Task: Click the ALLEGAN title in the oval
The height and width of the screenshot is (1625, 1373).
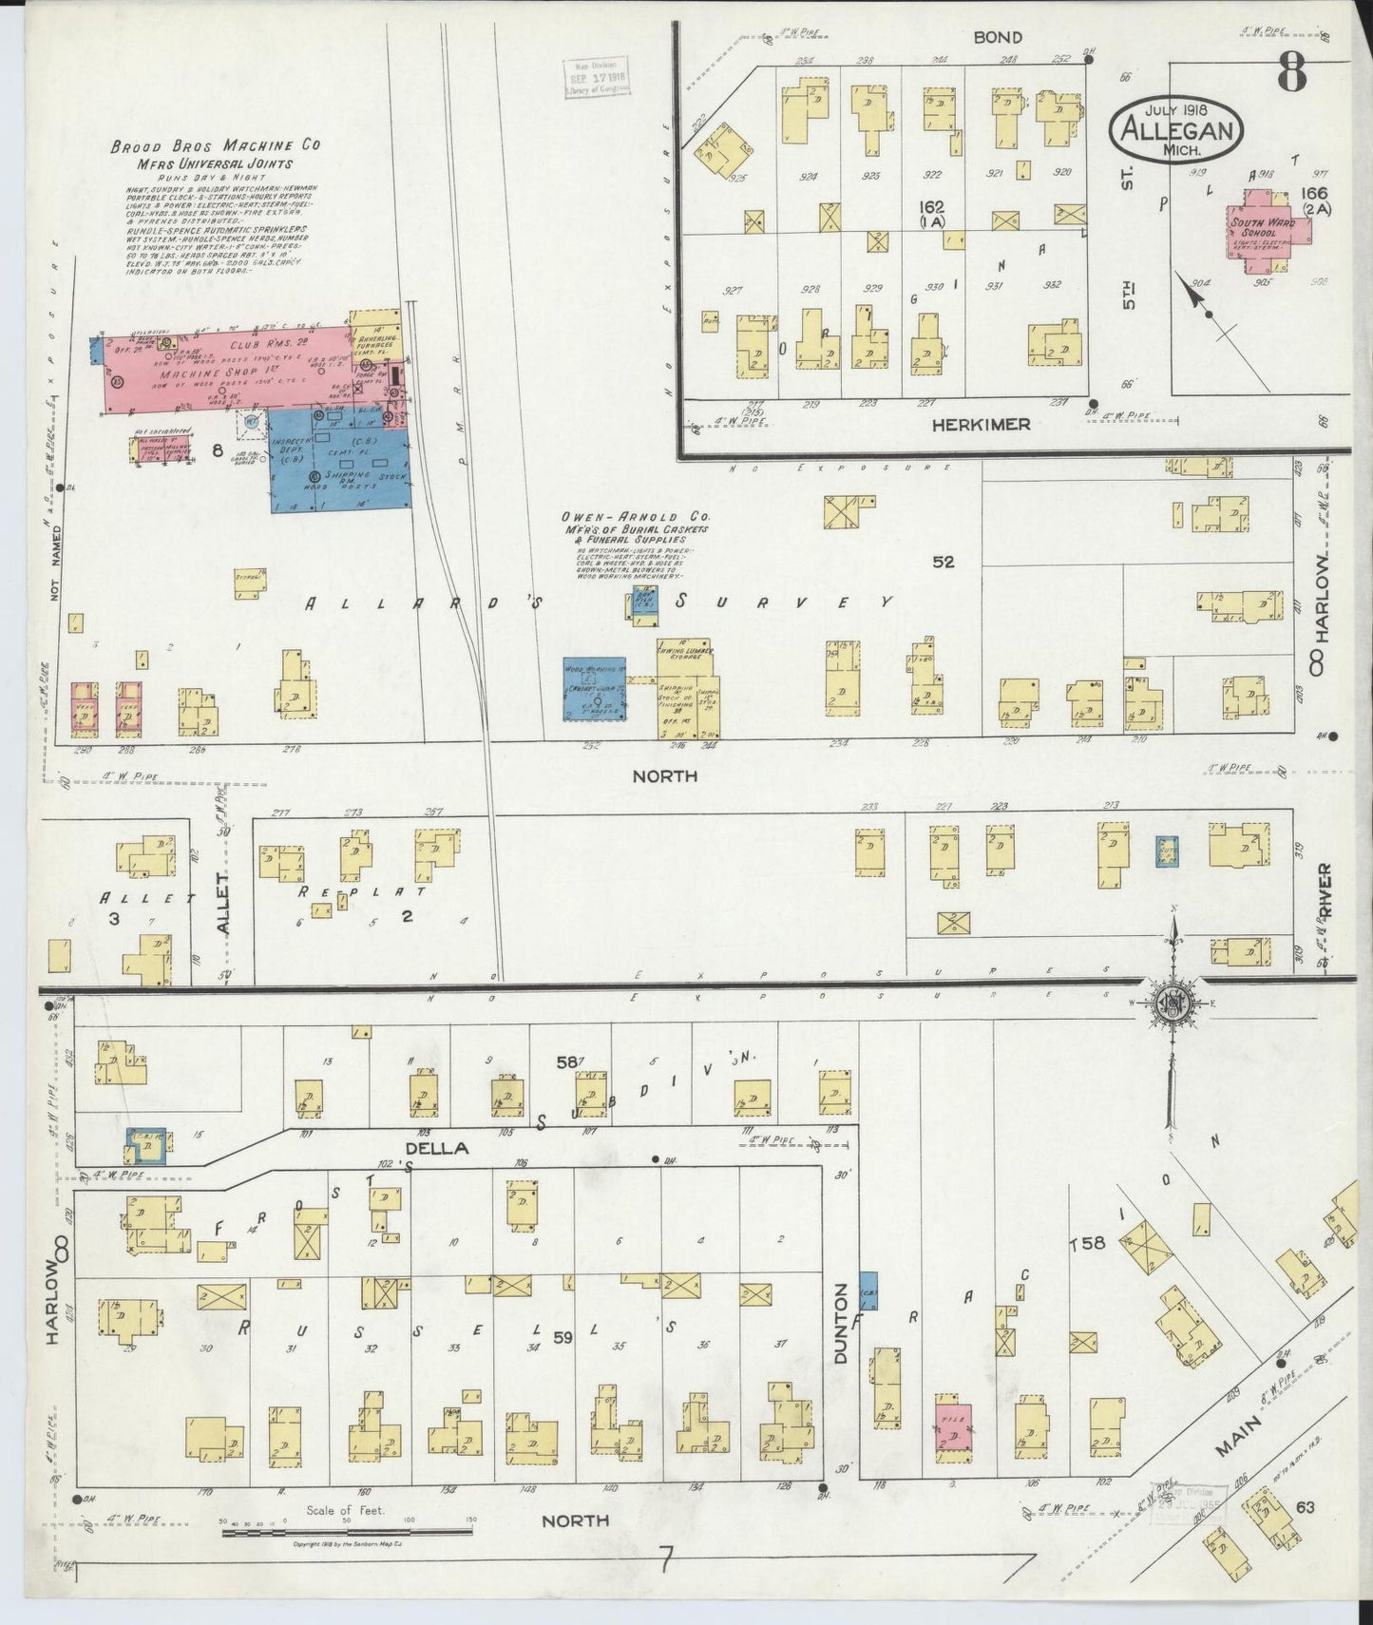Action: pyautogui.click(x=1176, y=130)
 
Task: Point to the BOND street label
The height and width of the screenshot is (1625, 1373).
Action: pyautogui.click(x=997, y=37)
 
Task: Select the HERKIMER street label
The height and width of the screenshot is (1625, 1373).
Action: pyautogui.click(x=981, y=424)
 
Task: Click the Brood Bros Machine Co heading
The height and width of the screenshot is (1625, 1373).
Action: pyautogui.click(x=215, y=146)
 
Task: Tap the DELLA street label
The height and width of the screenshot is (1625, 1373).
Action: pyautogui.click(x=437, y=1148)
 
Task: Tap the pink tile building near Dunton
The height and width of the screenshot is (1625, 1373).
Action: pyautogui.click(x=952, y=1427)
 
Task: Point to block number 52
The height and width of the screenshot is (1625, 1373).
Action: pyautogui.click(x=943, y=562)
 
